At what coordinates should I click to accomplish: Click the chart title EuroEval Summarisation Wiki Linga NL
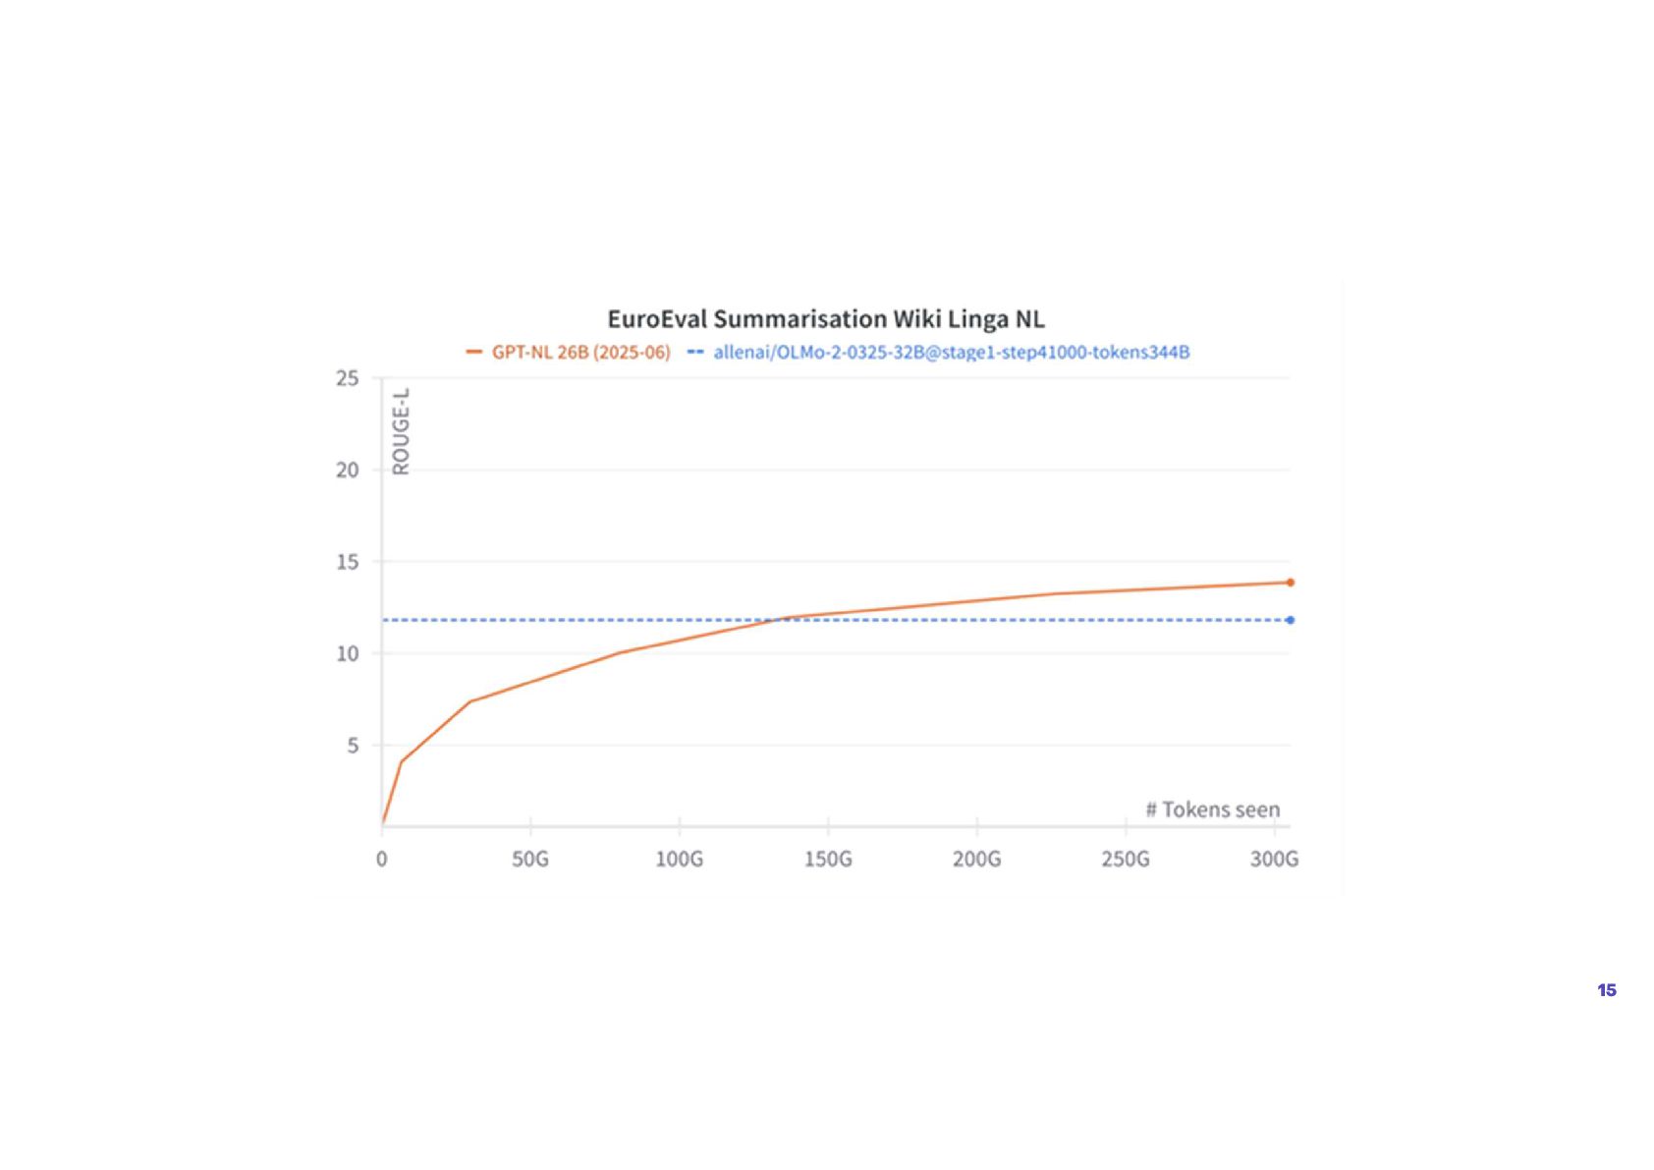(825, 319)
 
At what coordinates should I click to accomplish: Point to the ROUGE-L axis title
(401, 431)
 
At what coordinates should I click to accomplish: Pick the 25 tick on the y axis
(348, 378)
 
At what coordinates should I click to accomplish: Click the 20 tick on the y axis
(348, 470)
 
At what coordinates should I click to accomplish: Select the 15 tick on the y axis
(348, 562)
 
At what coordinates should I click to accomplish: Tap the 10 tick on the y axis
(348, 653)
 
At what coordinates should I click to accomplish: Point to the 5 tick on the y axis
(353, 746)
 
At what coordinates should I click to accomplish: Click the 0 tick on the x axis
(382, 860)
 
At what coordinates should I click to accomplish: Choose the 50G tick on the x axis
(530, 860)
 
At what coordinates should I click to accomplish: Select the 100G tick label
(680, 860)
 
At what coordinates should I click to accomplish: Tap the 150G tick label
(828, 860)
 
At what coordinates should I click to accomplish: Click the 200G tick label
(976, 860)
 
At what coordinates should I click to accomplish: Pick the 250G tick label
(1126, 860)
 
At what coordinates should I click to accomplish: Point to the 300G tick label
(1274, 860)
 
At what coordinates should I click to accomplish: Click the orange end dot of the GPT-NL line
(1291, 583)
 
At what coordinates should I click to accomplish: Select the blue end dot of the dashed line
(1291, 620)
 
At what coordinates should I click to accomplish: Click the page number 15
(1607, 990)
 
